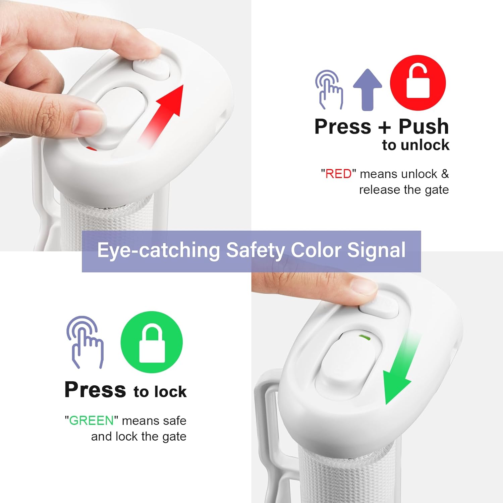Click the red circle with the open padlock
418,83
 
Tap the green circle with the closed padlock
152,342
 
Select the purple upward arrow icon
368,90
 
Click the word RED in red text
339,174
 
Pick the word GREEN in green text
91,421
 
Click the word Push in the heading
424,126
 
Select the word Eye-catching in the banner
158,250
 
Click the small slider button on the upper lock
152,69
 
